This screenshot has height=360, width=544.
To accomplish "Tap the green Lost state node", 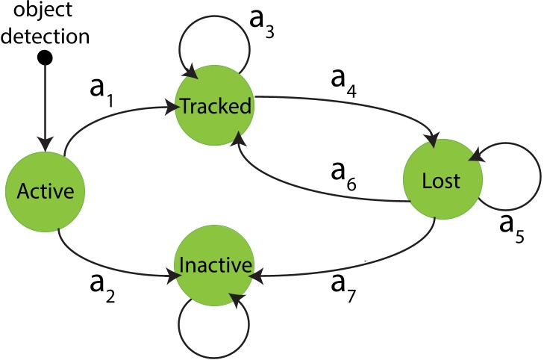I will [x=443, y=179].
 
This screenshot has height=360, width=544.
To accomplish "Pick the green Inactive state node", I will [x=215, y=265].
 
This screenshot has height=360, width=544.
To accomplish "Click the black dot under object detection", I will [x=45, y=58].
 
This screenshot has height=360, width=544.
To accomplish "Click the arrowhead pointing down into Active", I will [x=45, y=141].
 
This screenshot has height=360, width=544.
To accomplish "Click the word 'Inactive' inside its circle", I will [x=215, y=265].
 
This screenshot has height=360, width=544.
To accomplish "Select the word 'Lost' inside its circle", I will [x=443, y=180].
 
